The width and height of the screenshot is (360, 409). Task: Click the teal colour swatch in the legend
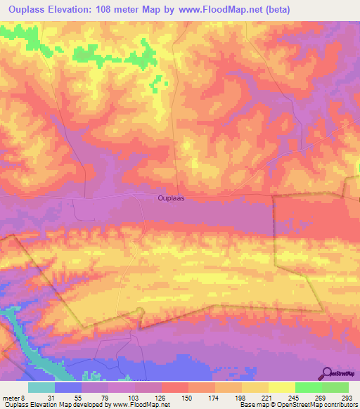(41, 387)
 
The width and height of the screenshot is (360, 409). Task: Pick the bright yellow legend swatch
(281, 387)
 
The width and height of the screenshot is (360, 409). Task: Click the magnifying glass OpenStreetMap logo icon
(328, 373)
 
